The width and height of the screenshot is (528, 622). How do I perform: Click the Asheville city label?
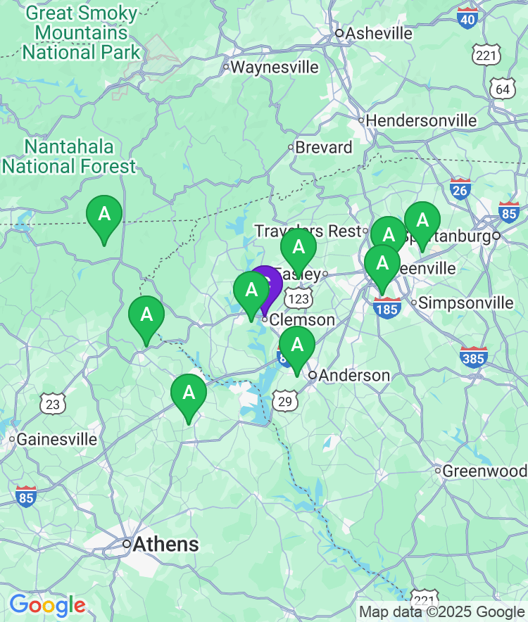click(379, 33)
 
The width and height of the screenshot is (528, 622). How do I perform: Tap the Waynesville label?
click(275, 68)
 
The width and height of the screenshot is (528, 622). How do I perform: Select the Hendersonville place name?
click(421, 120)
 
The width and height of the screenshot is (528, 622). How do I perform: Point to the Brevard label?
click(323, 148)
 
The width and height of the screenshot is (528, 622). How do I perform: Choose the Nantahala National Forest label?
click(69, 157)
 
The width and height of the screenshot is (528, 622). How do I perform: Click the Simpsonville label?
click(465, 303)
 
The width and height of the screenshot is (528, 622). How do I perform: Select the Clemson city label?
click(303, 320)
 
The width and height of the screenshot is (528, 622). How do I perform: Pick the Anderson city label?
click(354, 376)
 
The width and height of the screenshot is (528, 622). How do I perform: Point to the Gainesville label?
click(56, 440)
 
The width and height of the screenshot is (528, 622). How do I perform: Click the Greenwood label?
click(484, 471)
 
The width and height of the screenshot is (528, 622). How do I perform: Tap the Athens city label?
click(165, 544)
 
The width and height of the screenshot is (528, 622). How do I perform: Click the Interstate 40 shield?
click(467, 18)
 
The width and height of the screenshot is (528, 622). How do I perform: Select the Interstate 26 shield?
click(460, 189)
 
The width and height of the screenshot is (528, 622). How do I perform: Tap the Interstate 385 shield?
click(475, 357)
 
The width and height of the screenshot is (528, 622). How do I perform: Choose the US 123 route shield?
click(301, 298)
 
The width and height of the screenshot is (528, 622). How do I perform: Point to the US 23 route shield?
click(53, 404)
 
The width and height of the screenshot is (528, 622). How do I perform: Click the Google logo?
click(47, 604)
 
